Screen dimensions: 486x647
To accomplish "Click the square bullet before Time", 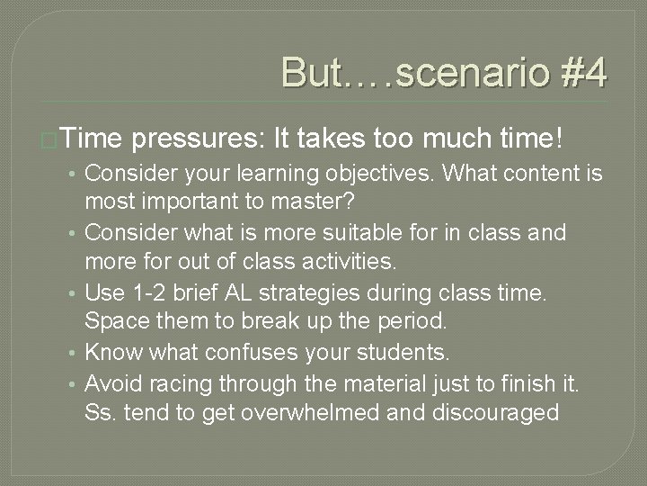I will click(x=52, y=139).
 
